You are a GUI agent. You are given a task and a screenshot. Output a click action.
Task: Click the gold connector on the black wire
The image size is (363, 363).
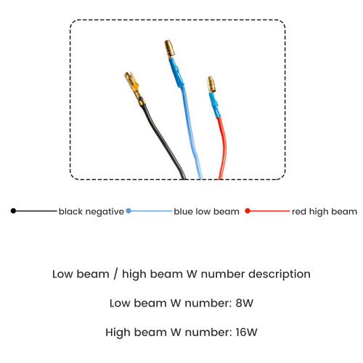[x=134, y=89]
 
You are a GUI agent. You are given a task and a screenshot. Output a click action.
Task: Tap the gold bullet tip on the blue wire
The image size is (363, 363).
[x=170, y=49]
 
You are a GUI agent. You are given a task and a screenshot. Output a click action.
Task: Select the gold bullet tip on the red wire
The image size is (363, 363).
[x=211, y=84]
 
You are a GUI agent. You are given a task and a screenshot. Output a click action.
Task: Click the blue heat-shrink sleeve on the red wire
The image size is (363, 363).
[x=215, y=105]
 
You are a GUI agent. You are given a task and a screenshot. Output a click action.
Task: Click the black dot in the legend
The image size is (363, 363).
[x=13, y=211]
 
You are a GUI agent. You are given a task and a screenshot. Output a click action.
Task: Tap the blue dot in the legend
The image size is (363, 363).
[x=129, y=211]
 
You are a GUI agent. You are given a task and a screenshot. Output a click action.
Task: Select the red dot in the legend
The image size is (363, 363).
[x=248, y=211]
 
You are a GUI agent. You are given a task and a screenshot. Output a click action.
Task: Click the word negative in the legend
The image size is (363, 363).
[x=105, y=212]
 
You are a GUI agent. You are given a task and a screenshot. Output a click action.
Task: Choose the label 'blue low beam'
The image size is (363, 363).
[x=206, y=211]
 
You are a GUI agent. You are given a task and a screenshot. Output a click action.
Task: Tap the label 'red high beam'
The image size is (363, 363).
[x=325, y=212]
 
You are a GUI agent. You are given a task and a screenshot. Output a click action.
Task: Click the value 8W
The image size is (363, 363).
[x=245, y=303]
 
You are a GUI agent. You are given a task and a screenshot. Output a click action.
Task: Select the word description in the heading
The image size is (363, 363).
[x=280, y=274]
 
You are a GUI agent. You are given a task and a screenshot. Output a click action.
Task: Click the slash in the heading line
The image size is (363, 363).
[x=115, y=274]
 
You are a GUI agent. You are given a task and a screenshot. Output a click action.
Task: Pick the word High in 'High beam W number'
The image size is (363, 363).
[x=118, y=333]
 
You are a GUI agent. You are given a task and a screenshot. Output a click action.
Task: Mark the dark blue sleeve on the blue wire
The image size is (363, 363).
[x=176, y=72]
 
